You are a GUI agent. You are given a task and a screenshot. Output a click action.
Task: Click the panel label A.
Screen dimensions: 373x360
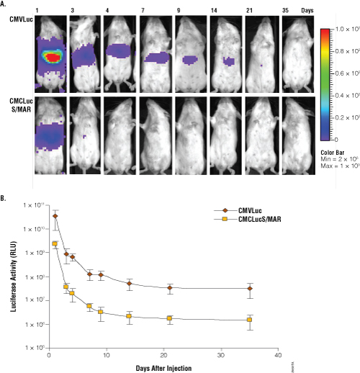coord(4,4)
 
